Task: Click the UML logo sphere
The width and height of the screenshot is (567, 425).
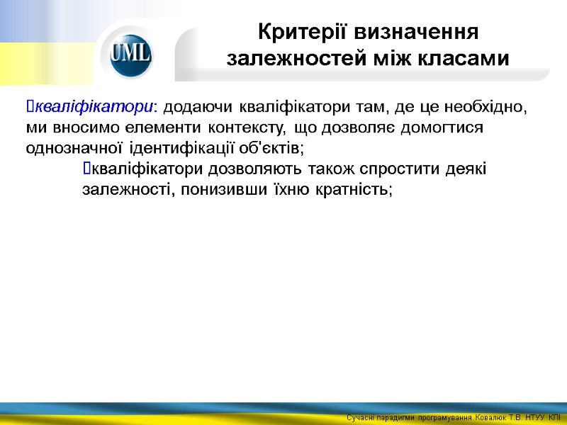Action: click(131, 54)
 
